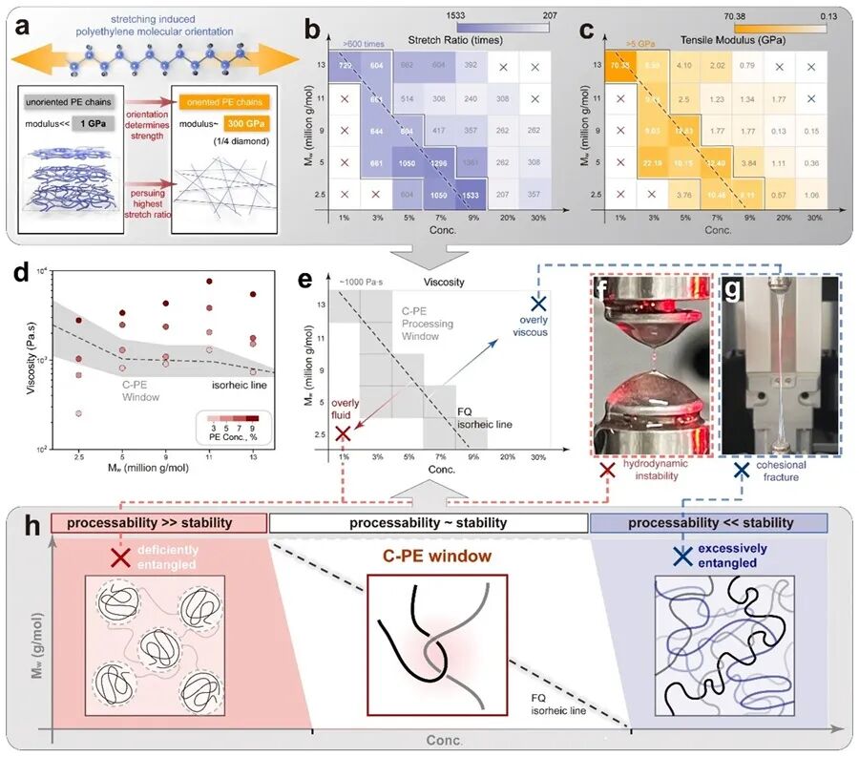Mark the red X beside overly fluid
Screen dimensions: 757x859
tap(343, 434)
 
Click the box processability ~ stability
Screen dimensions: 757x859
tap(429, 523)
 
